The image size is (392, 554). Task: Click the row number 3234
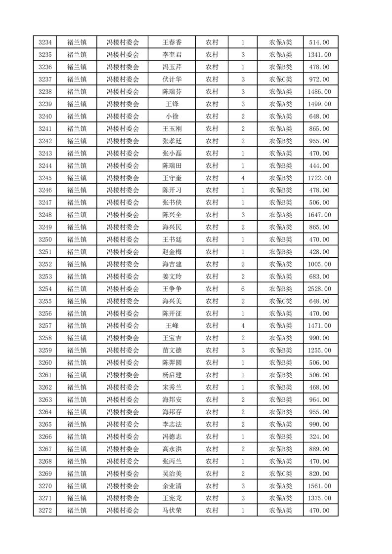[x=45, y=42]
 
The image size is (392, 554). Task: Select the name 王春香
[x=172, y=42]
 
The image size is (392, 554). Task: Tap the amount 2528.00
[x=319, y=289]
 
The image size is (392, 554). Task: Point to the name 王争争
[x=172, y=289]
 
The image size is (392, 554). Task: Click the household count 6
[x=243, y=289]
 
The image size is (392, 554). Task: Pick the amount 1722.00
[x=319, y=178]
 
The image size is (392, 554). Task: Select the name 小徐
[x=172, y=117]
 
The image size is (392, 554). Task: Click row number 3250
[x=45, y=239]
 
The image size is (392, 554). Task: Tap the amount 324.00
[x=319, y=436]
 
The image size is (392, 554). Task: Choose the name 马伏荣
[x=172, y=511]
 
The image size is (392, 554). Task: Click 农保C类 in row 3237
[x=280, y=79]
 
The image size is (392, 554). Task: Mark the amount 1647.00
[x=319, y=215]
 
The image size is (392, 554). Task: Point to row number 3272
[x=45, y=511]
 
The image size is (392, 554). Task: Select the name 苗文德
[x=172, y=351]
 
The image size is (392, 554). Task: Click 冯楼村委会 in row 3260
[x=123, y=363]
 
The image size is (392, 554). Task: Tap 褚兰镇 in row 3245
[x=77, y=178]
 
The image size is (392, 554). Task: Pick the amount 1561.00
[x=319, y=486]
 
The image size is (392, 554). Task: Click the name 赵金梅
[x=172, y=252]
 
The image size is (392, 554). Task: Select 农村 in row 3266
[x=212, y=436]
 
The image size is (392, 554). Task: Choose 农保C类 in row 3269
[x=280, y=474]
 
